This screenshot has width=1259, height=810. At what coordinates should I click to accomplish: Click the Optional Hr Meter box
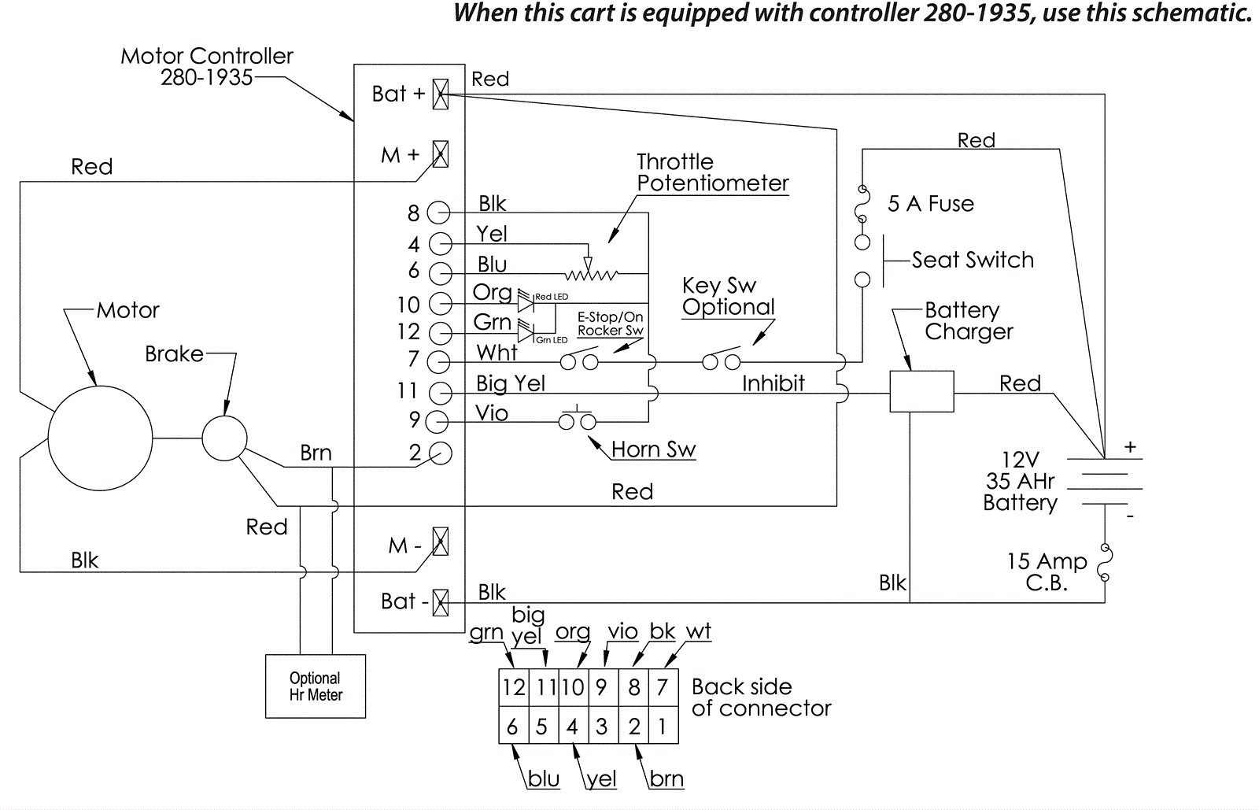(x=316, y=686)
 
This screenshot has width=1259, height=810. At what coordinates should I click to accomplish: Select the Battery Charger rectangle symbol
(x=921, y=391)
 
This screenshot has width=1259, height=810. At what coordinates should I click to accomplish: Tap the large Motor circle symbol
(x=100, y=438)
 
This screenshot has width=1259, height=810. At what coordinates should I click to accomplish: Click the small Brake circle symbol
(x=225, y=438)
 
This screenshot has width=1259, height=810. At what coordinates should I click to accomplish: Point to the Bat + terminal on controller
(x=441, y=94)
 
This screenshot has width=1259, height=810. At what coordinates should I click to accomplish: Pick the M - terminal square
(x=441, y=542)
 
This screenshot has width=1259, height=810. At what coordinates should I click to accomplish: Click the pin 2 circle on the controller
(x=441, y=453)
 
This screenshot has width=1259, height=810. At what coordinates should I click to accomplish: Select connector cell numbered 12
(x=514, y=688)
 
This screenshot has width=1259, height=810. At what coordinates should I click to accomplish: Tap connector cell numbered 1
(x=663, y=726)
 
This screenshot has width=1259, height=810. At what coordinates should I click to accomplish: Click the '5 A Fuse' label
(x=930, y=204)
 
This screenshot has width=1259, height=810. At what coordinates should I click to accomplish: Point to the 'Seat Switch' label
(x=973, y=260)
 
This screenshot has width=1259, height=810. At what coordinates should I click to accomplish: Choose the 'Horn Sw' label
(x=653, y=449)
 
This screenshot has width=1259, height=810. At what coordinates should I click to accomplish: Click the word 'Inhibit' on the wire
(x=773, y=383)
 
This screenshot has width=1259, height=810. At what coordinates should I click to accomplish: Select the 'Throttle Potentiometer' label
(x=712, y=172)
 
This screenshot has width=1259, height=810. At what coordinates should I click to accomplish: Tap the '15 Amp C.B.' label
(x=1047, y=572)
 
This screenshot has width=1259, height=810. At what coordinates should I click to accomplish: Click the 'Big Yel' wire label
(x=511, y=383)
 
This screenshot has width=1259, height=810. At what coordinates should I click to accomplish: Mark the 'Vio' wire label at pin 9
(x=492, y=413)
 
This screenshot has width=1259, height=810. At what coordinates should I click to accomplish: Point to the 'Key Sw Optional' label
(x=728, y=296)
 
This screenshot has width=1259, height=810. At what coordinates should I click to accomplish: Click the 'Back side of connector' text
(x=760, y=697)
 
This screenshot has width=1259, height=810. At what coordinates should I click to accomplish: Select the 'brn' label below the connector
(x=666, y=779)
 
